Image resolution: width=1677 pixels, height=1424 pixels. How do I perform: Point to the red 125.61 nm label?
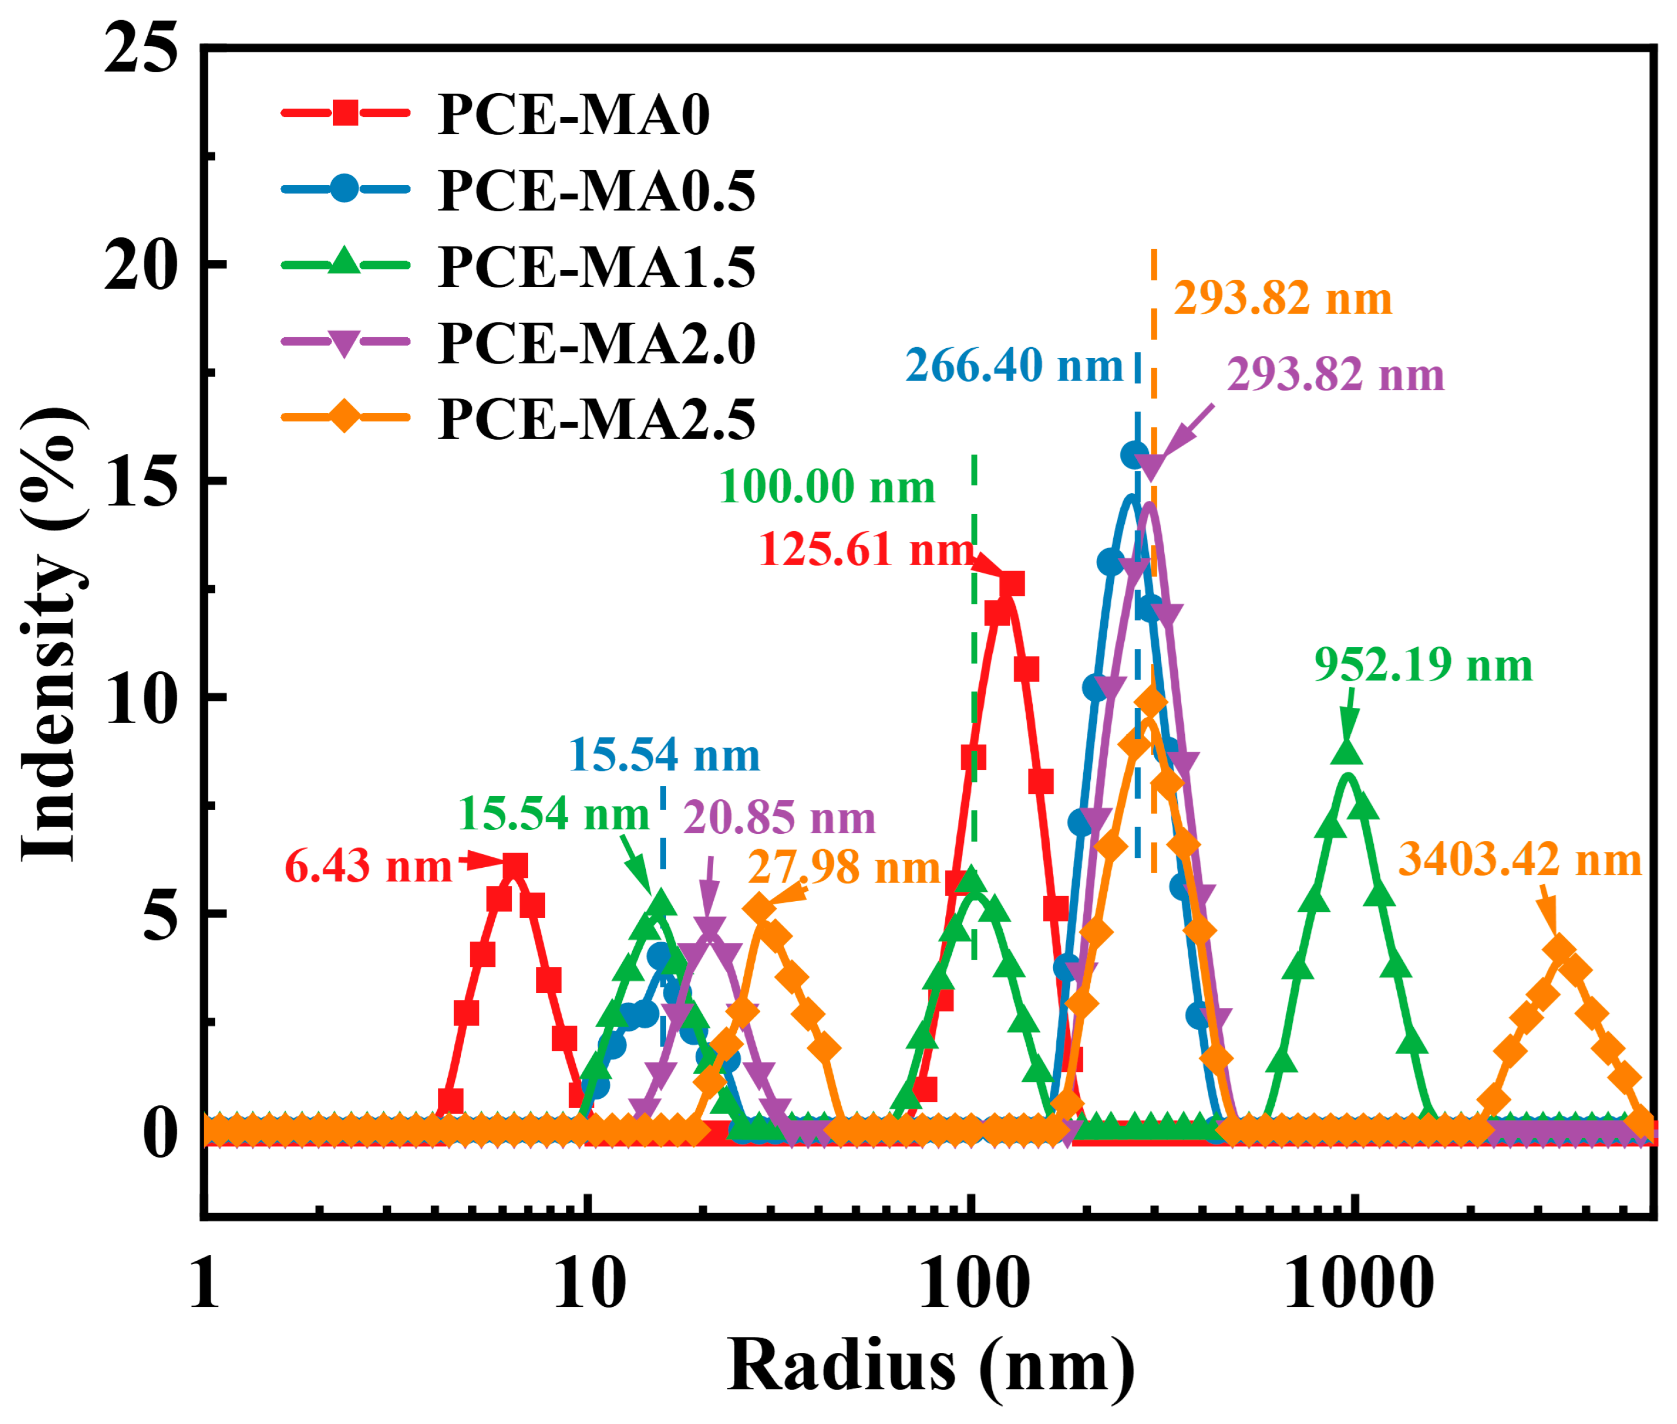coord(865,550)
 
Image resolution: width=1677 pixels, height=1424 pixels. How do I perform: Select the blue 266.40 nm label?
coord(1014,366)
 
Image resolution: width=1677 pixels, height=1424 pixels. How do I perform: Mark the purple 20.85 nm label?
coord(779,818)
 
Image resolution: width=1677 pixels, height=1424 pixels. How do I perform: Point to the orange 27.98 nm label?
coord(843,868)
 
